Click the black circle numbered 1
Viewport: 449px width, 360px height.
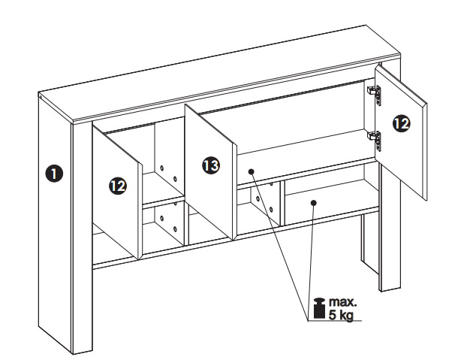click(54, 174)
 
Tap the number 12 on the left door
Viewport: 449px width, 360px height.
click(118, 186)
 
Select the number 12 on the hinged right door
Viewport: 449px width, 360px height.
click(401, 123)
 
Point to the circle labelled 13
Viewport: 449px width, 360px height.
click(211, 165)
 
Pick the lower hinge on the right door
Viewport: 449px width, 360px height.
click(375, 141)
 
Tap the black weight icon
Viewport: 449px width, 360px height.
click(319, 308)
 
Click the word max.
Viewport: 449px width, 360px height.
click(343, 302)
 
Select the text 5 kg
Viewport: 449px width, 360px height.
click(341, 315)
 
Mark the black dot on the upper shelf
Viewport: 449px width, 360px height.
click(251, 171)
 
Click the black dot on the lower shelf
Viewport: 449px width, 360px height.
click(314, 203)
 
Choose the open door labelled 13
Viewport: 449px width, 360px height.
click(210, 172)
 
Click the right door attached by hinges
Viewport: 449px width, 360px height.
click(401, 132)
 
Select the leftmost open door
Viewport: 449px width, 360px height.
click(117, 191)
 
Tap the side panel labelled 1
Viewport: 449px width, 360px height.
click(54, 223)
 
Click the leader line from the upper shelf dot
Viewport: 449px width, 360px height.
click(279, 246)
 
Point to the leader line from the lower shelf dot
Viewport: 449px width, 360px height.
click(311, 262)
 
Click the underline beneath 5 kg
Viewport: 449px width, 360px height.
click(334, 321)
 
